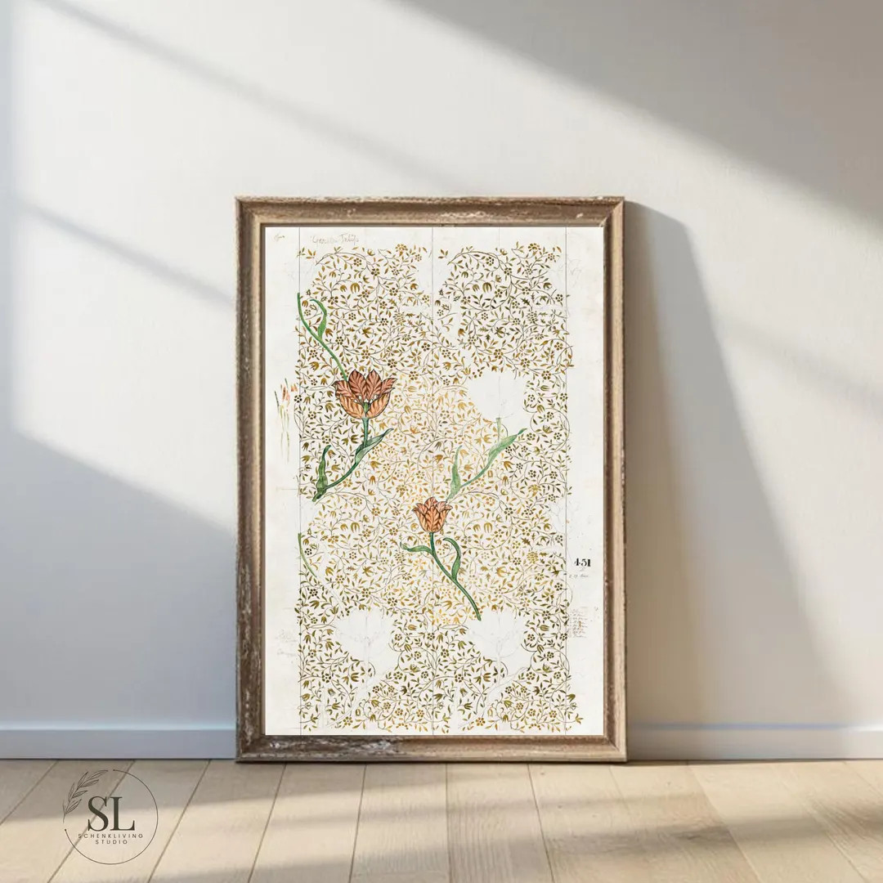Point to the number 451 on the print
(x=582, y=563)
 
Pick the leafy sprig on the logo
(x=83, y=790)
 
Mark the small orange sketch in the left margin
(x=284, y=397)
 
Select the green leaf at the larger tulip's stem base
(x=324, y=474)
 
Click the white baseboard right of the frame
(x=752, y=741)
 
